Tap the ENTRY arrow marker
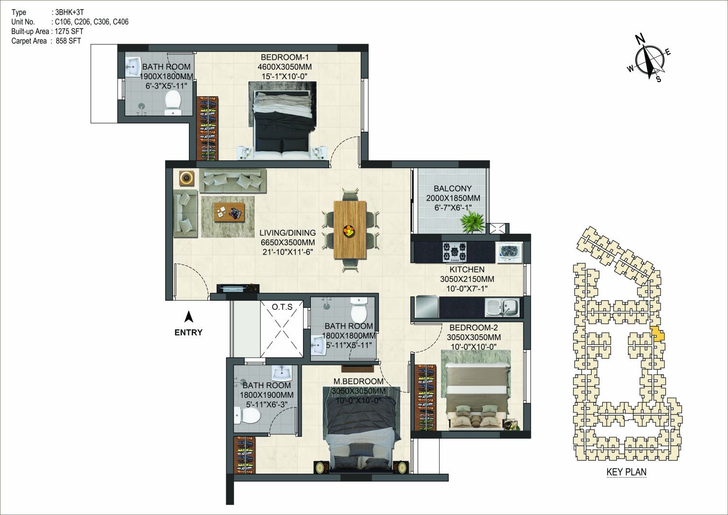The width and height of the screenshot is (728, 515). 188,317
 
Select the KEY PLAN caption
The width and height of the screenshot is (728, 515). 626,472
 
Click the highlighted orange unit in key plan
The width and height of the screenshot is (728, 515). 658,335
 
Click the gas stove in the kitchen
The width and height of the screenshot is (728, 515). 455,252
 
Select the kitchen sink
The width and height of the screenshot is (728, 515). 502,307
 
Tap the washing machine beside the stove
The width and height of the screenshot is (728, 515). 509,252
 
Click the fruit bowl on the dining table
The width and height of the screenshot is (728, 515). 349,230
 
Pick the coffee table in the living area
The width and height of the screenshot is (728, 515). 229,212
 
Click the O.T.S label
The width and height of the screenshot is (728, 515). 282,307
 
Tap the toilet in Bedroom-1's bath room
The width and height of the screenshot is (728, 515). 173,103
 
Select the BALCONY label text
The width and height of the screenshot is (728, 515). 453,189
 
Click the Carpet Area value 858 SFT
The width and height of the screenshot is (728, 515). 68,41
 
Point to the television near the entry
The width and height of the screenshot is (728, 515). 238,288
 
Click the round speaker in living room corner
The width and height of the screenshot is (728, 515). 186,178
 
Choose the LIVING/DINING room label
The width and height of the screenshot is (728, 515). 288,233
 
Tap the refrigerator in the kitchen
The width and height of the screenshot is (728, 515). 427,306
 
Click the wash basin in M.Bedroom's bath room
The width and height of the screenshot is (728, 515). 282,373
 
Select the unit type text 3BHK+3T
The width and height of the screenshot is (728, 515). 69,12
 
